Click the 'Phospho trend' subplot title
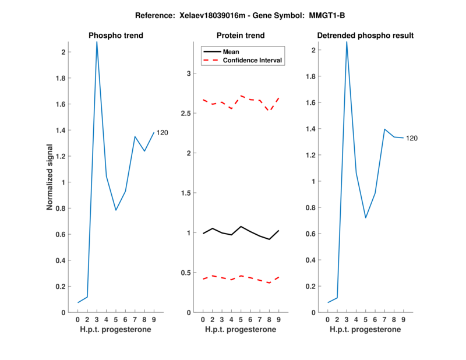(x=116, y=36)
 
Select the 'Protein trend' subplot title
(x=241, y=36)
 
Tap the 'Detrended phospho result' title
(x=365, y=36)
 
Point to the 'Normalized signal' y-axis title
(x=51, y=177)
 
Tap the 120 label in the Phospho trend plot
(x=163, y=133)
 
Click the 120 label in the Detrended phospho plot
(x=412, y=138)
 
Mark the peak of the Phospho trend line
(x=97, y=42)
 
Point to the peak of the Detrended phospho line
(x=347, y=42)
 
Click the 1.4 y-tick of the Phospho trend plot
(x=60, y=130)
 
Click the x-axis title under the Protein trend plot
(x=241, y=330)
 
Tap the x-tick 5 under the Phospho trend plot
(x=115, y=320)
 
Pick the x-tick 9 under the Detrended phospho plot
(x=403, y=320)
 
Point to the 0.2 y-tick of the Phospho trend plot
(x=60, y=287)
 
